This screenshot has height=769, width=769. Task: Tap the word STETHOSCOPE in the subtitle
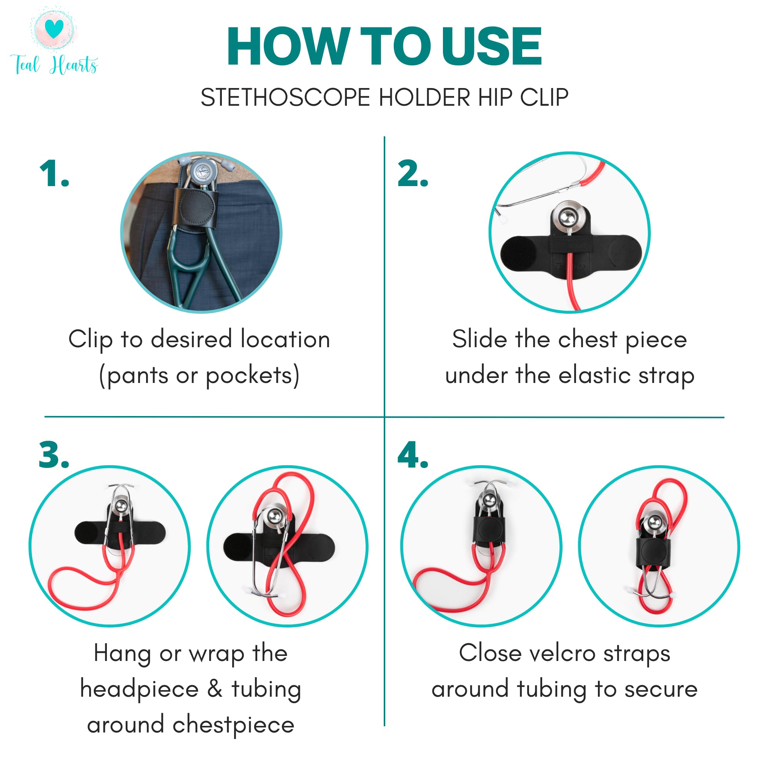coord(285,98)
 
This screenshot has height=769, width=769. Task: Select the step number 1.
coord(54,173)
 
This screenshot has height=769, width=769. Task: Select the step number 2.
coord(413,173)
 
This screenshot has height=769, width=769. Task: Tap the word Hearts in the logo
coord(74,65)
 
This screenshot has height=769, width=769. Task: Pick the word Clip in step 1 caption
coord(90,340)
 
